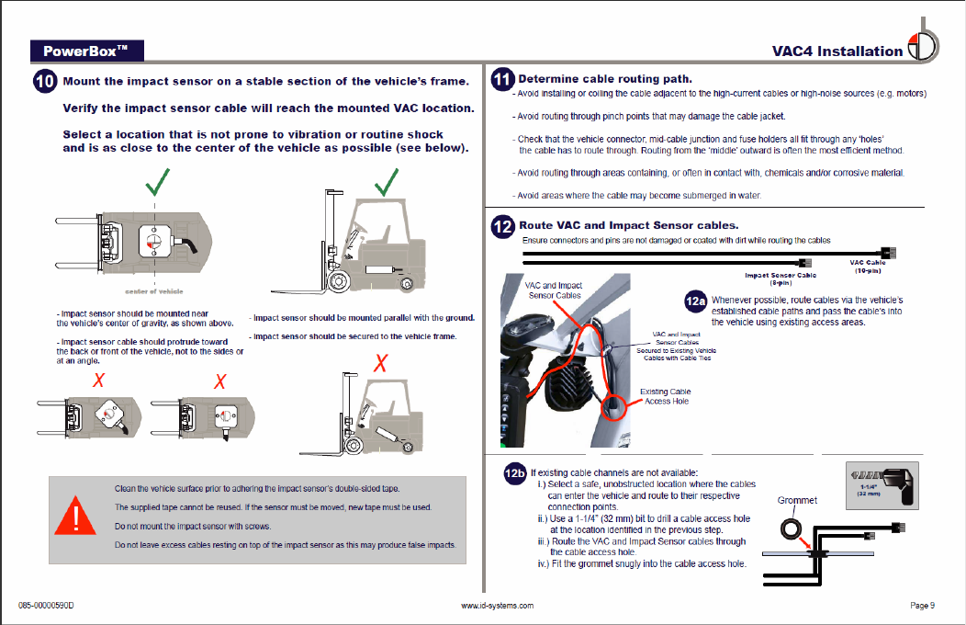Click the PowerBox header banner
point(85,50)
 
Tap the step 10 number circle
point(45,82)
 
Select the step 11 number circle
point(502,79)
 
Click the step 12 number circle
point(502,226)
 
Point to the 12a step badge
point(696,301)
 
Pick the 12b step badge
point(515,473)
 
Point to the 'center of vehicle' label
point(153,291)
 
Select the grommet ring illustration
point(791,529)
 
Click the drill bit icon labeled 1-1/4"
point(880,483)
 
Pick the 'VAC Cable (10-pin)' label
point(868,267)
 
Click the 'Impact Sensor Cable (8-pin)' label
point(780,278)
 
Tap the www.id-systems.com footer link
point(496,605)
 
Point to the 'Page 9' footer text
point(922,605)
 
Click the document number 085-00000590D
point(46,605)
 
